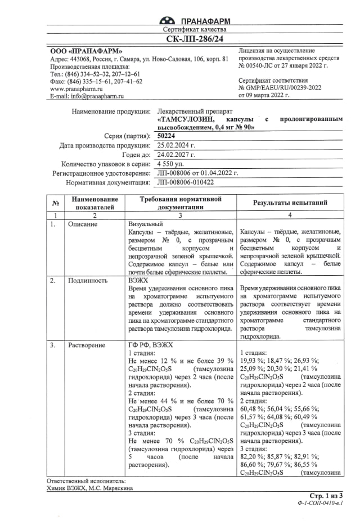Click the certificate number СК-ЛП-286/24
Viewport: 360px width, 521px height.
coord(194,39)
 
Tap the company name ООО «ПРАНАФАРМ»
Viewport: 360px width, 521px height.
coord(86,51)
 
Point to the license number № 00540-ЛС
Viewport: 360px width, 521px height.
coord(260,66)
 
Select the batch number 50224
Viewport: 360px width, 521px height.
coord(166,136)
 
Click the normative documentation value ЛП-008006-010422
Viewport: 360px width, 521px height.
coord(186,182)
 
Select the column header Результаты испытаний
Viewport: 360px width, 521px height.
coord(290,203)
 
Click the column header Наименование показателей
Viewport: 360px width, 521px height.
coord(94,203)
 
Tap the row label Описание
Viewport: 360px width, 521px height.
coord(83,224)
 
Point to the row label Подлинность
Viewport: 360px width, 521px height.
coord(87,280)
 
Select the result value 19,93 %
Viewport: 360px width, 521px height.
coord(252,361)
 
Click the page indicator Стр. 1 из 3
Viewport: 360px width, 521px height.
coord(326,495)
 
